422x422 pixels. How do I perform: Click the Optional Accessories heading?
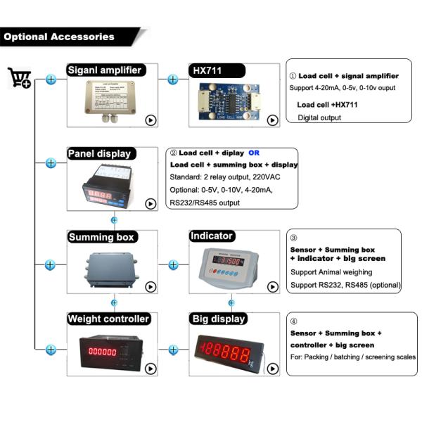point(60,37)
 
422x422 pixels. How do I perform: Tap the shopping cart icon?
point(18,77)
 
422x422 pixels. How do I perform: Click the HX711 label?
point(207,70)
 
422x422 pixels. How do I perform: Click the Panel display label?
point(99,153)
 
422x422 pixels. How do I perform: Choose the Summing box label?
point(101,237)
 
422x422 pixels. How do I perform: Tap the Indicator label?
point(212,236)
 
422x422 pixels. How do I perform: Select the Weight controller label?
point(108,319)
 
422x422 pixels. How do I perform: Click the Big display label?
point(219,319)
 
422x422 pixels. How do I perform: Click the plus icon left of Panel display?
point(51,163)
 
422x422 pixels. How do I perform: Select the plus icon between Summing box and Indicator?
point(173,264)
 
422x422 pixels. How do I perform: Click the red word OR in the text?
point(254,152)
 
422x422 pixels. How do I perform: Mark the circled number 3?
point(294,238)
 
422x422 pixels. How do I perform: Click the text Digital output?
point(319,117)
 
